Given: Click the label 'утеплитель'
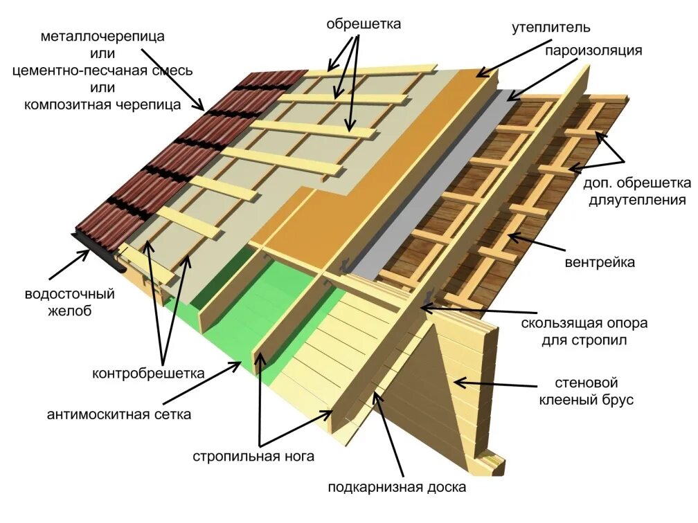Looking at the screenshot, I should tap(551, 28).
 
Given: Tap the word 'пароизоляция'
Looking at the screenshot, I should tap(593, 51).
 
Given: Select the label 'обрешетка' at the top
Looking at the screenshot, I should tap(364, 24).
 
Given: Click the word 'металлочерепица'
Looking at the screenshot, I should tap(102, 36).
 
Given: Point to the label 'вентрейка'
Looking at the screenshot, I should tap(600, 262).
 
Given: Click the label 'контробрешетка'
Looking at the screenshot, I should tap(148, 374).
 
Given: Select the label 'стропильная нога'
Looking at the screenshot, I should tap(254, 456).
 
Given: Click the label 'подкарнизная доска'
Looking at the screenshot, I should tap(397, 487).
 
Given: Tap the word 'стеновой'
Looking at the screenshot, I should tap(587, 382).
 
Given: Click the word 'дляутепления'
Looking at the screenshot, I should tap(638, 200).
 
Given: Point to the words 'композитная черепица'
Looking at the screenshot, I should tap(102, 105).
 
